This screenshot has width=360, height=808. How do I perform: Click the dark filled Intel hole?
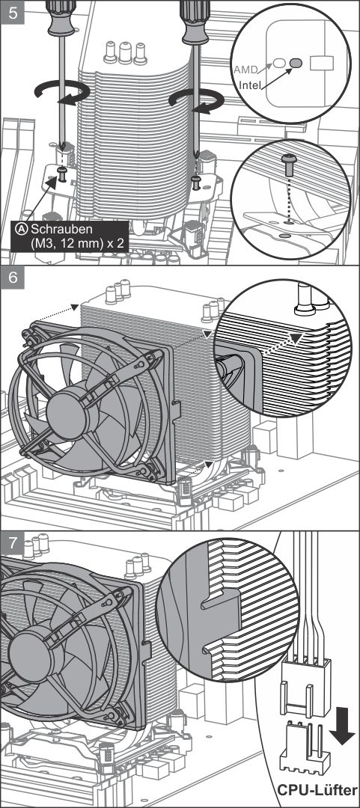(296, 63)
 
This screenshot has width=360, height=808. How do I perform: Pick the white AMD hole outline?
(278, 63)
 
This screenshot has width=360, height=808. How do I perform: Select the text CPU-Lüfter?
(317, 791)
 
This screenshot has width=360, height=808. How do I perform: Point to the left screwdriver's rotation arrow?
(62, 93)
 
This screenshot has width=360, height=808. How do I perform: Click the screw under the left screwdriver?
(62, 173)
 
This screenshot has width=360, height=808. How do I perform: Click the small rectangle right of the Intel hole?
(321, 63)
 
